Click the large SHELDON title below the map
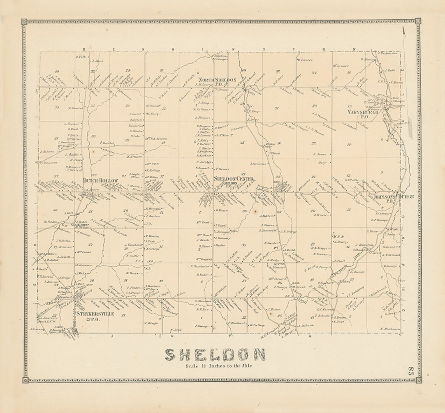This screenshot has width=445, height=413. (215, 355)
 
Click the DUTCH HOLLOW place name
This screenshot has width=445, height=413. (100, 181)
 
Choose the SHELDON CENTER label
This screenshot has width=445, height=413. (234, 179)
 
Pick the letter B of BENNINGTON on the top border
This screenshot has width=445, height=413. (83, 49)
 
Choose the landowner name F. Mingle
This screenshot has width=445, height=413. (152, 323)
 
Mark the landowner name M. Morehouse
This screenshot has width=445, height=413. (390, 329)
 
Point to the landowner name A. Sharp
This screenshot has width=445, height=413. (340, 241)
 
